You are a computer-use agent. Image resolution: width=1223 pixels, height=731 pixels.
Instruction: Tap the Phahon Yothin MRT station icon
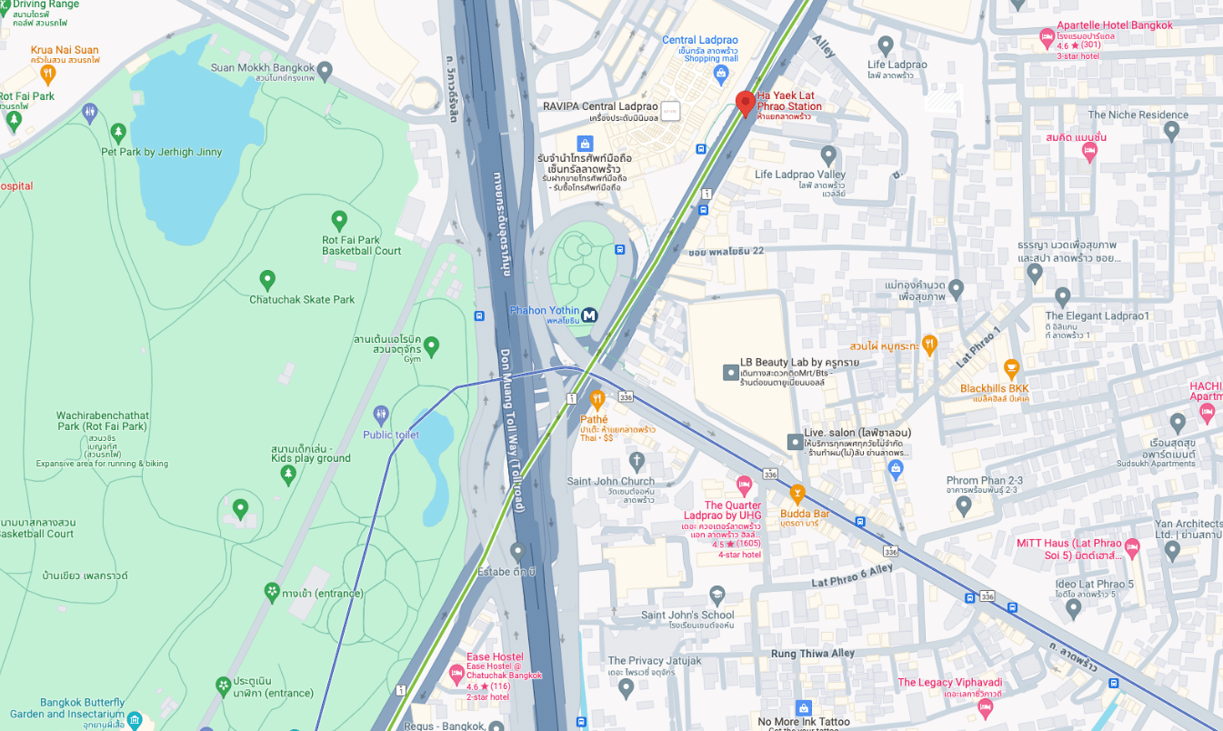590,315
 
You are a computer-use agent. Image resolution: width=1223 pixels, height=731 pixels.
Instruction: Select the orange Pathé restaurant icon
596,398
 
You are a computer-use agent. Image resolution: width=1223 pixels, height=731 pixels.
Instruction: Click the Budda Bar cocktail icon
797,494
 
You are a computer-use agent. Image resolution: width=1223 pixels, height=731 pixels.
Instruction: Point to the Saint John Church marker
637,461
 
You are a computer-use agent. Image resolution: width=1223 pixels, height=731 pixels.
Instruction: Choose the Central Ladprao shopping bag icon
721,73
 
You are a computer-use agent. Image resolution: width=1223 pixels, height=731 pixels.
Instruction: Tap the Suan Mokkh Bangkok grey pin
325,69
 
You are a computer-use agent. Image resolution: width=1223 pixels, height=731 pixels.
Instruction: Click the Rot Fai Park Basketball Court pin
339,219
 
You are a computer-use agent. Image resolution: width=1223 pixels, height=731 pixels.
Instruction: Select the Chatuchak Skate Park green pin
267,279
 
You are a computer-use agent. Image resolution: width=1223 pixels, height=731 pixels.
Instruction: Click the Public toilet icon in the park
381,415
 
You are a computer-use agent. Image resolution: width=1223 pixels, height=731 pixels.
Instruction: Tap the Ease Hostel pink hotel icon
456,675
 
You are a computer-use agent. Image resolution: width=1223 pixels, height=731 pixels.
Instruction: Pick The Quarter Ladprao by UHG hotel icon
744,485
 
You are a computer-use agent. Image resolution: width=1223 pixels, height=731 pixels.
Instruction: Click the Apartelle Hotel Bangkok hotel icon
1047,38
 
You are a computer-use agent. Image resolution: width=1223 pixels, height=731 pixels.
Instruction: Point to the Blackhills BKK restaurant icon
1011,368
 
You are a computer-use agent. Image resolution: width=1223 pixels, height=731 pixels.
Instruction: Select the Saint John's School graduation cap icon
717,596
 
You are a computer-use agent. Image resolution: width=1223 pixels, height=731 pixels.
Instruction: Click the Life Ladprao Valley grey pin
828,154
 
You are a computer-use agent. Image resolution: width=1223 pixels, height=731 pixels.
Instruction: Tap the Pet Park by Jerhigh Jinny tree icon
118,134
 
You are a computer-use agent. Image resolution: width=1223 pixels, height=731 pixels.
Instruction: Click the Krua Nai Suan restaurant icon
48,73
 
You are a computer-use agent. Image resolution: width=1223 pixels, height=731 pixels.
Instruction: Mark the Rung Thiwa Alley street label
813,654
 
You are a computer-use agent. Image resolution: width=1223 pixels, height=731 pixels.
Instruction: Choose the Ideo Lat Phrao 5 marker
1073,608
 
